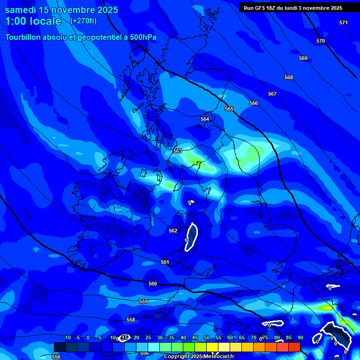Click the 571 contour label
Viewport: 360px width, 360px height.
pyautogui.click(x=344, y=22)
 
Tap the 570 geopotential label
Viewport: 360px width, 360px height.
pyautogui.click(x=320, y=41)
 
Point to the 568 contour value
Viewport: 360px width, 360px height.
pyautogui.click(x=289, y=77)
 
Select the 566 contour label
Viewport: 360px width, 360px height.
pyautogui.click(x=254, y=103)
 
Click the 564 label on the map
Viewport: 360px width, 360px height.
pyautogui.click(x=205, y=119)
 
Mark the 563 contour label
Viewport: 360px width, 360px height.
pyautogui.click(x=178, y=151)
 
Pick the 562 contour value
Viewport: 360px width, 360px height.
pyautogui.click(x=173, y=231)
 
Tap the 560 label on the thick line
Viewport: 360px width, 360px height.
pyautogui.click(x=153, y=284)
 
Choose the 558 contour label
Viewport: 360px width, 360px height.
pyautogui.click(x=131, y=320)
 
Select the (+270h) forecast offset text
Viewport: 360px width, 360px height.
pyautogui.click(x=83, y=21)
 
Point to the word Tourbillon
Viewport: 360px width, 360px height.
pyautogui.click(x=24, y=37)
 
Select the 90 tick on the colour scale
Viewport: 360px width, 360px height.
pyautogui.click(x=300, y=337)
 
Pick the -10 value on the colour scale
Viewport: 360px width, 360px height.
pyautogui.click(x=67, y=337)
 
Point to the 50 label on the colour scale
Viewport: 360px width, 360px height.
pyautogui.click(x=207, y=337)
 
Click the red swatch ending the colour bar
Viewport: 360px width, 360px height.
pyautogui.click(x=294, y=347)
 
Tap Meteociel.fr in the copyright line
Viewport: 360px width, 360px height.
pyautogui.click(x=219, y=357)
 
